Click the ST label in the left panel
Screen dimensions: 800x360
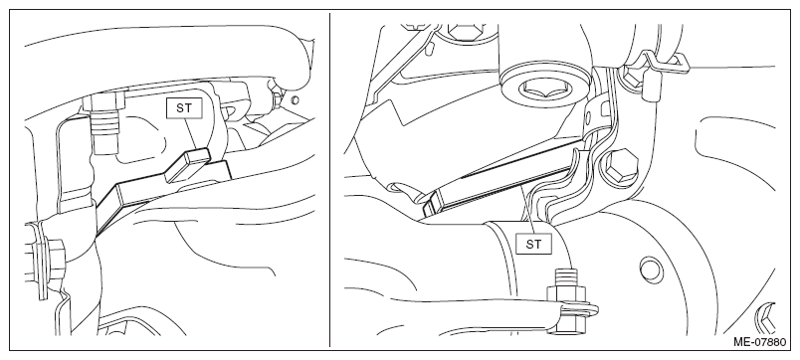(184, 108)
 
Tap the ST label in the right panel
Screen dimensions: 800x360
(533, 245)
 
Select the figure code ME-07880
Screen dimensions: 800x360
(759, 342)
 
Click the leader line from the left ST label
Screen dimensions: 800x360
(191, 133)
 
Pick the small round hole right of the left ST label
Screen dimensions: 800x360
(295, 99)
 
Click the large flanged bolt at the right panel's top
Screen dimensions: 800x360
(542, 88)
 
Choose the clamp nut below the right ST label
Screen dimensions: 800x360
(566, 294)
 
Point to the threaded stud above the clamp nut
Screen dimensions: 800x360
(566, 277)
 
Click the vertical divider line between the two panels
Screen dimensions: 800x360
(329, 180)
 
